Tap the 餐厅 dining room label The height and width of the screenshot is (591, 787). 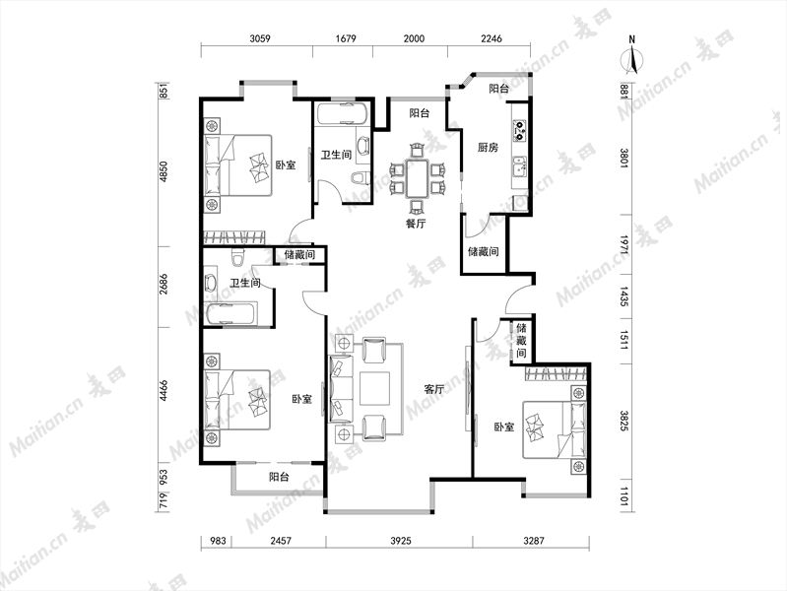[416, 224]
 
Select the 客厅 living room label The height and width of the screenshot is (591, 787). [434, 389]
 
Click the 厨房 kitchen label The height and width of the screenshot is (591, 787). [488, 147]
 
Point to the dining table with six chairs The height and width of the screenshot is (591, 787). [417, 178]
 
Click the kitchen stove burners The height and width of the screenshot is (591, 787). [519, 130]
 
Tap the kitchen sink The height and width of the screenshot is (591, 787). [519, 166]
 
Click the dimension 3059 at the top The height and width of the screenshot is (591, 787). [260, 38]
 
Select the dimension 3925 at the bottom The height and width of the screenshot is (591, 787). [401, 541]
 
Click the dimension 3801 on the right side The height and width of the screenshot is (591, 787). [624, 158]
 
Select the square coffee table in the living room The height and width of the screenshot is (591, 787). [374, 388]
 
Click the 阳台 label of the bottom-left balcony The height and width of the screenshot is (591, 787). [279, 477]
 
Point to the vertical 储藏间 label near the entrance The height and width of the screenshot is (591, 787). [521, 341]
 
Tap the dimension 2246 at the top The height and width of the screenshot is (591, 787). [492, 38]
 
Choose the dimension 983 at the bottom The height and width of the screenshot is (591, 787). [218, 541]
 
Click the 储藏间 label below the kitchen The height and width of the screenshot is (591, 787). [484, 251]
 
